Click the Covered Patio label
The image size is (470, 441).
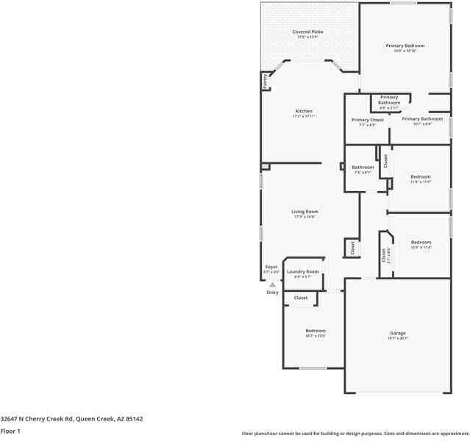[x=307, y=32]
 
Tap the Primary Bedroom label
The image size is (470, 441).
[x=405, y=46]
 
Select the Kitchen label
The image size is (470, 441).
[x=304, y=111]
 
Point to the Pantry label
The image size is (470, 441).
[x=265, y=81]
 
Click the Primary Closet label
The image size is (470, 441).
[x=367, y=120]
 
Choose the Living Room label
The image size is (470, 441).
[x=305, y=212]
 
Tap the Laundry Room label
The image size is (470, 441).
[x=302, y=272]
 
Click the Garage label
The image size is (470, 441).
[x=397, y=333]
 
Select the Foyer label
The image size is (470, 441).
[x=271, y=267]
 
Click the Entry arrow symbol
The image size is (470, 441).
[x=272, y=284]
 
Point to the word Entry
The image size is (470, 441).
[x=272, y=293]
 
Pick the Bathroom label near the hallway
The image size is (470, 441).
[x=363, y=167]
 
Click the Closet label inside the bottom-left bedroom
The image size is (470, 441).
[x=301, y=298]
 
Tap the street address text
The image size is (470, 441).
[x=71, y=418]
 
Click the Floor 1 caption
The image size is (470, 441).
[x=10, y=431]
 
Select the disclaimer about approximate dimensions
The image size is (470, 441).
[x=355, y=433]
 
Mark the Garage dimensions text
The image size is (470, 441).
[x=397, y=338]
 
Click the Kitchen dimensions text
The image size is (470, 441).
[x=304, y=116]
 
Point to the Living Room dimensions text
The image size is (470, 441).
[x=305, y=217]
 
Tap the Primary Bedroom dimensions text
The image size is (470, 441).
[x=405, y=51]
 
